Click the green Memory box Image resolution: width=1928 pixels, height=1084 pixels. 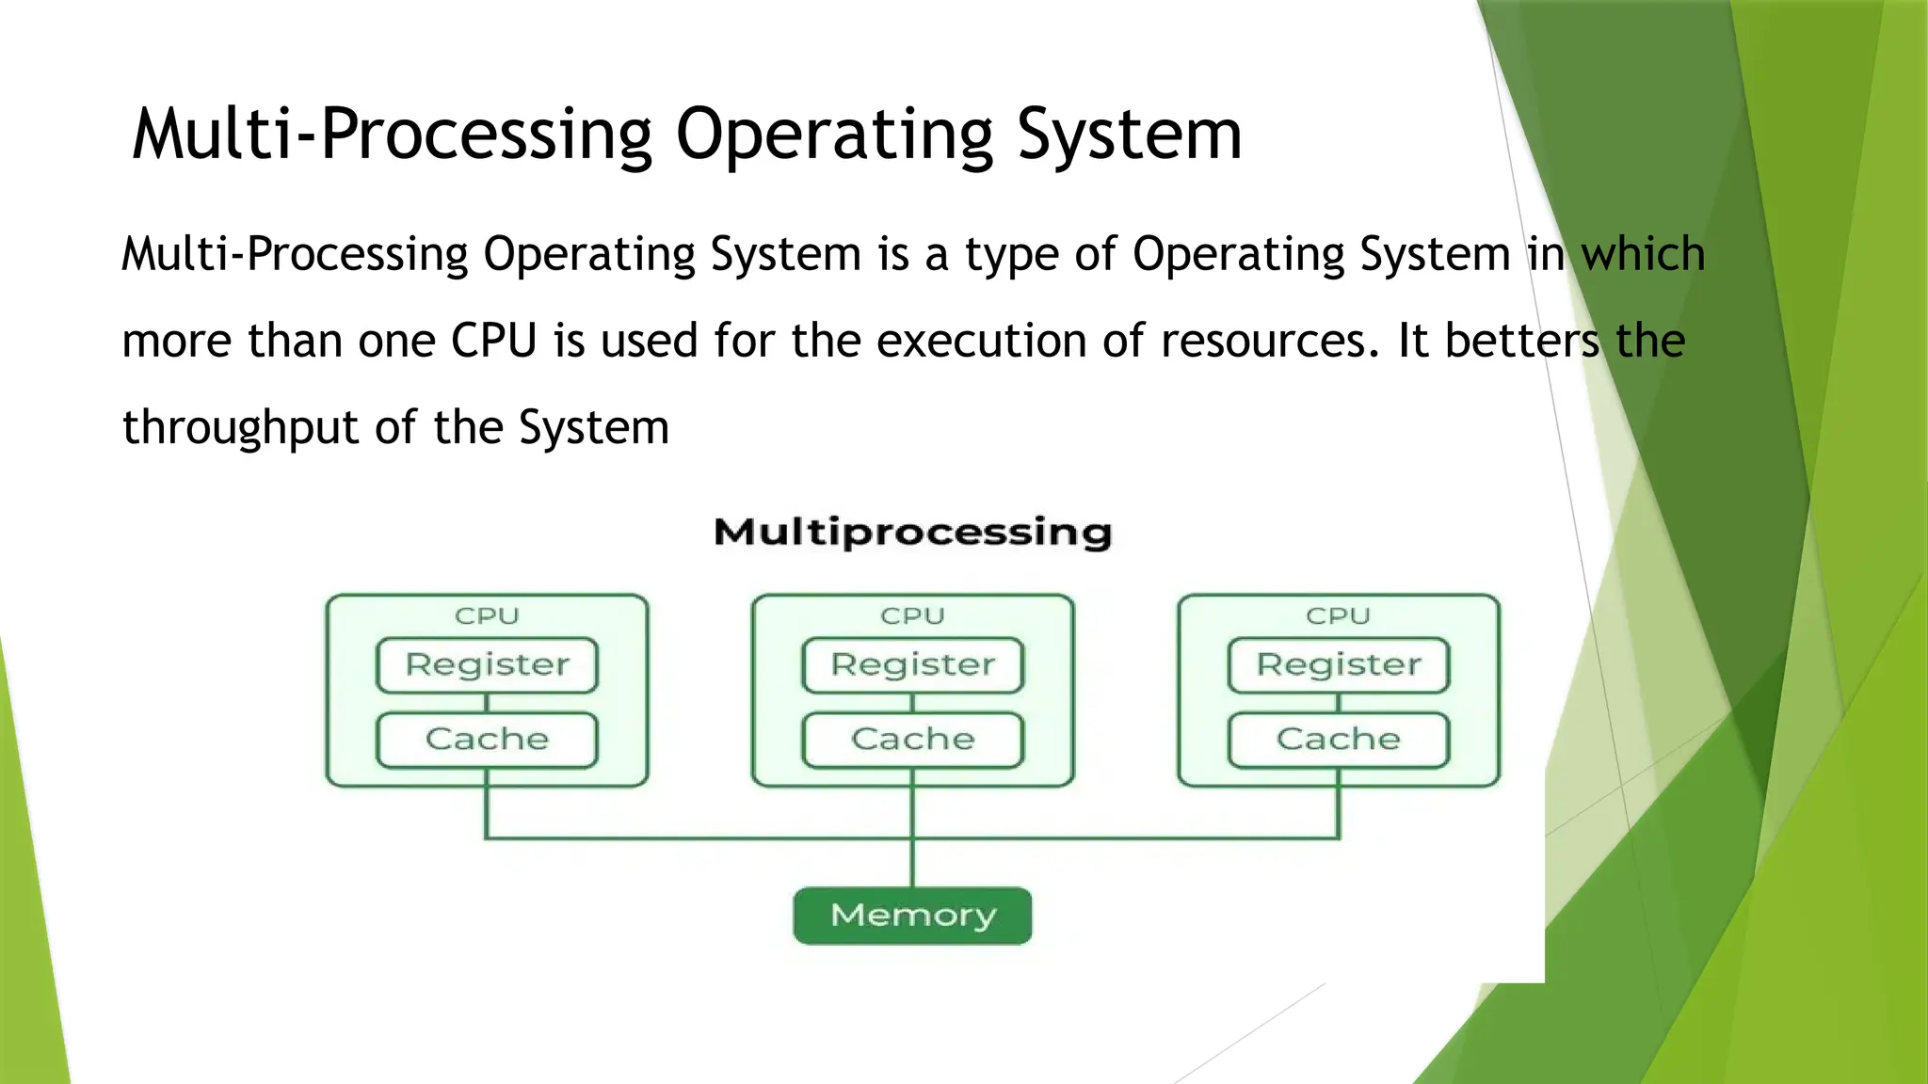[x=912, y=915]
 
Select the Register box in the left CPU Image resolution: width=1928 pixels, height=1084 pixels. [x=487, y=664]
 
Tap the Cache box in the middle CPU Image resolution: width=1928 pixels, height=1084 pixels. [x=912, y=740]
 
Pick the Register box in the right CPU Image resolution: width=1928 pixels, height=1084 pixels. [x=1338, y=664]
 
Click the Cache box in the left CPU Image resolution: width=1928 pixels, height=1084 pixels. [x=487, y=740]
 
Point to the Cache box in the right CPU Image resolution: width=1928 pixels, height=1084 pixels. [x=1338, y=740]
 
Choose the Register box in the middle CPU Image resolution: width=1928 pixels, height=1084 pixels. [x=912, y=664]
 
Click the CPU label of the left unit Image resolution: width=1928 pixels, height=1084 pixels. [x=487, y=616]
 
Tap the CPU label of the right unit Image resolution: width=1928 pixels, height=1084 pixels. [x=1338, y=616]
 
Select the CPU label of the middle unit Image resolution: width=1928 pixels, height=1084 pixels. [x=912, y=616]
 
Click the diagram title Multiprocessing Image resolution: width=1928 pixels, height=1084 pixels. [x=912, y=533]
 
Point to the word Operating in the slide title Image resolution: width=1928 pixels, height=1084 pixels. [x=834, y=135]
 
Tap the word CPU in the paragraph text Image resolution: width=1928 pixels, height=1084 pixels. [x=493, y=341]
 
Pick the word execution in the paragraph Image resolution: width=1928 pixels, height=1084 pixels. [x=981, y=341]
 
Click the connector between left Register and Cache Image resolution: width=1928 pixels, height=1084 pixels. [x=487, y=703]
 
